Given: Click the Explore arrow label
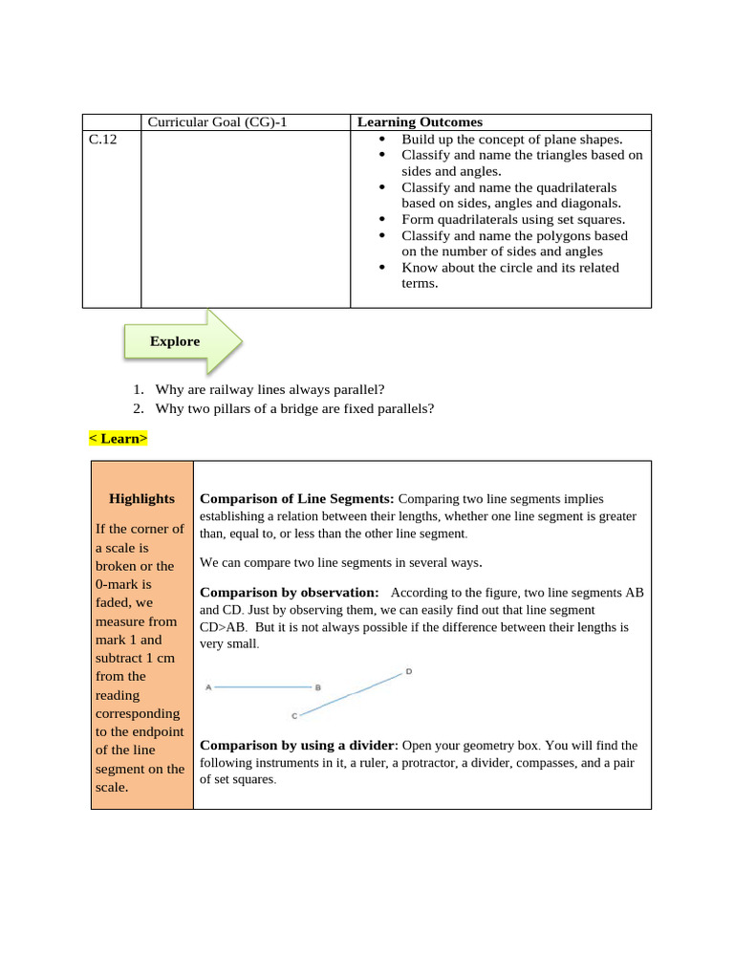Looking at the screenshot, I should click(x=175, y=341).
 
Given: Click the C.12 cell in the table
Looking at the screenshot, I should click(x=102, y=139).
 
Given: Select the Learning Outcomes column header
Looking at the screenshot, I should click(x=420, y=122).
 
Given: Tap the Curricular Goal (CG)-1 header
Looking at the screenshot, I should click(x=217, y=122).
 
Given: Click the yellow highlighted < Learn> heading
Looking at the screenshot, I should click(x=119, y=439).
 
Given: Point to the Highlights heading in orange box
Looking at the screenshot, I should click(x=141, y=498).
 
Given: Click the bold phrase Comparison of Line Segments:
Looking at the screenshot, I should click(x=296, y=498).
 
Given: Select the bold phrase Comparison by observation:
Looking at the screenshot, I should click(x=289, y=593).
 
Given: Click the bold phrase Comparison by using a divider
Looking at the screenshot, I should click(x=296, y=745).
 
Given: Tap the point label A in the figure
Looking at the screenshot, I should click(x=207, y=686).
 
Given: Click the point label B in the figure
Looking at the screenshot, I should click(x=318, y=687).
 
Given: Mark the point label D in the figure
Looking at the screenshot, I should click(x=409, y=671).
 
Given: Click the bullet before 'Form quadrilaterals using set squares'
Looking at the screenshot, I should click(x=383, y=219).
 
